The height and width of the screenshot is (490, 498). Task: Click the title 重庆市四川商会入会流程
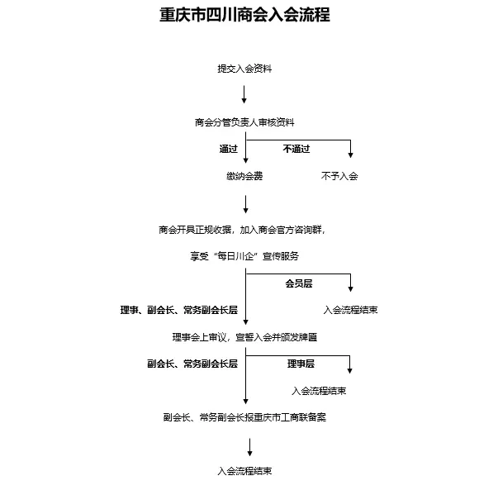click(244, 15)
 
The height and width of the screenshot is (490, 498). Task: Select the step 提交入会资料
click(244, 69)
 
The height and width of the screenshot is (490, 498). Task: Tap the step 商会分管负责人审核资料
click(244, 122)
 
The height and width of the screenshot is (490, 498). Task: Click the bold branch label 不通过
click(296, 149)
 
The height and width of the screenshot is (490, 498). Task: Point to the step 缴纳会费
click(244, 176)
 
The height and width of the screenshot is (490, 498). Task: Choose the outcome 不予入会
click(339, 176)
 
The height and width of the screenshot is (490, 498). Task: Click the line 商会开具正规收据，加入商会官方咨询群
click(242, 230)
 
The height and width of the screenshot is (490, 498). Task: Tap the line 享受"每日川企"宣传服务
click(244, 256)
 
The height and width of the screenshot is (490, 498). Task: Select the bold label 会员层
click(299, 283)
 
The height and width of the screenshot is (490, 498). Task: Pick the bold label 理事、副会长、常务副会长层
click(179, 310)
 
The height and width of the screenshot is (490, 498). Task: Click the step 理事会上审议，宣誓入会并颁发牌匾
click(244, 337)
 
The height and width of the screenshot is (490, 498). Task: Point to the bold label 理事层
click(301, 364)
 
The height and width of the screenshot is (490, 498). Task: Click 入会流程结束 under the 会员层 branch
click(351, 310)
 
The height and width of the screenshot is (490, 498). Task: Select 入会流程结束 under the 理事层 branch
click(319, 391)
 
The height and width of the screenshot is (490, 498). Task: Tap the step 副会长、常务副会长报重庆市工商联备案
click(244, 417)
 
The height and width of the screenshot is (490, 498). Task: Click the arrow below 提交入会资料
click(244, 94)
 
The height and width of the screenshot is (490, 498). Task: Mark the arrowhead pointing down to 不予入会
click(351, 155)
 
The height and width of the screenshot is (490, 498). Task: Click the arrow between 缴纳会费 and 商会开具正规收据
click(245, 204)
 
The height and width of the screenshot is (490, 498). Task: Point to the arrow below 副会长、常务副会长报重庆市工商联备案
click(250, 447)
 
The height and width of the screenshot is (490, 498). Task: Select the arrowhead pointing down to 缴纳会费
click(245, 160)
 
